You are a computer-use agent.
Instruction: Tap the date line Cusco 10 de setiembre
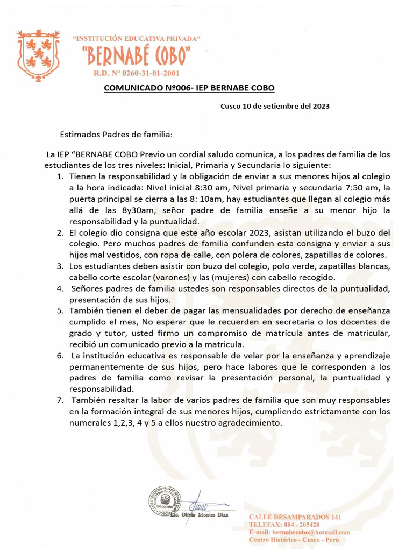point(275,106)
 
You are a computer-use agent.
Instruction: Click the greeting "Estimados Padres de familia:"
point(116,134)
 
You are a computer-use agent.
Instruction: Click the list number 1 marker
point(60,177)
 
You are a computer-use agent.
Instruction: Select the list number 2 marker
point(60,233)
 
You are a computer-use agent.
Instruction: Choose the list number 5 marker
point(60,311)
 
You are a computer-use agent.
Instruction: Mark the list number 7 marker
point(60,400)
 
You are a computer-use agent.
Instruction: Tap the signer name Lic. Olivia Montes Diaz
point(199,515)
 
